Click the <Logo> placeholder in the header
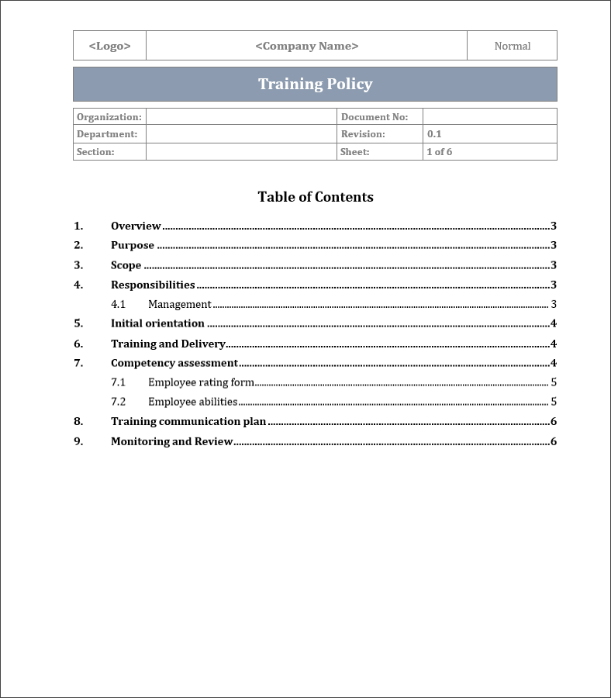pos(109,46)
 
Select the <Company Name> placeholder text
pos(307,46)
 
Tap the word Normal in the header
pos(513,46)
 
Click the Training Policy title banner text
pos(315,85)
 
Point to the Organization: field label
pos(109,117)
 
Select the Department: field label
pos(107,134)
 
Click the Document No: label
pos(375,117)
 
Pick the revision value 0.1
pos(434,134)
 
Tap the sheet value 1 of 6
pos(440,152)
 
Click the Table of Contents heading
pos(316,197)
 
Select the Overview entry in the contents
pos(136,226)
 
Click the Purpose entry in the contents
pos(133,246)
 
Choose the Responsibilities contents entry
pos(153,285)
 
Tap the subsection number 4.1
pos(118,305)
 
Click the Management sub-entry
pos(180,305)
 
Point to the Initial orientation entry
pos(157,323)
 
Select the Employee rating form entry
pos(201,382)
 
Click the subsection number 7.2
pos(118,402)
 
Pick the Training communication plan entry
pos(188,422)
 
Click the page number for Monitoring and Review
pos(554,441)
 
